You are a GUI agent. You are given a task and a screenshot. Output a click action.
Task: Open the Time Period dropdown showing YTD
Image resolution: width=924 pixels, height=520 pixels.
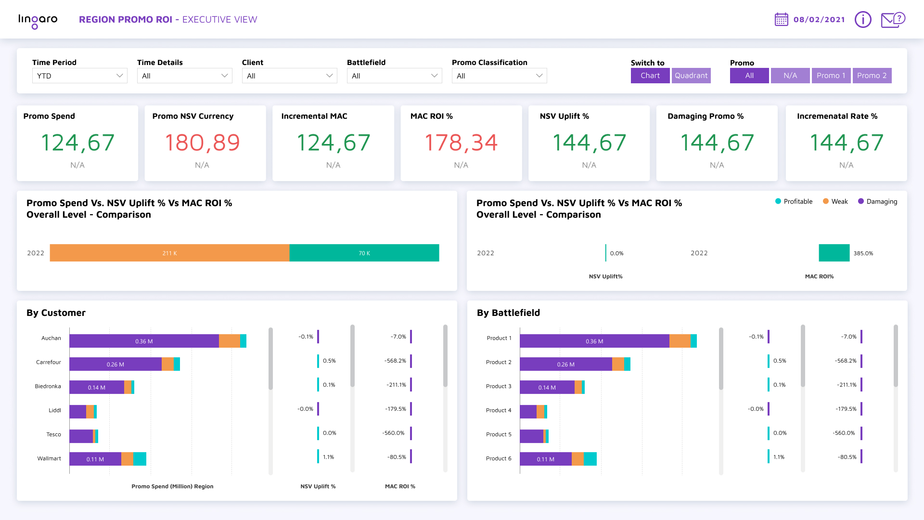[79, 76]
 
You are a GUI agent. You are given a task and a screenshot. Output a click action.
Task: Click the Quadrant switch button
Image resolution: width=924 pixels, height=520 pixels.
[691, 76]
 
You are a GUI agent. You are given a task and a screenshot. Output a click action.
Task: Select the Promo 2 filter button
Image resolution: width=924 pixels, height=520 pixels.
[872, 76]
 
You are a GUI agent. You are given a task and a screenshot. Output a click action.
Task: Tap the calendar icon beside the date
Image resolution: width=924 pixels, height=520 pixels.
[781, 20]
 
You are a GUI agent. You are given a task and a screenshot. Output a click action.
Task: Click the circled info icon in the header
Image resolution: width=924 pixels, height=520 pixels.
[862, 20]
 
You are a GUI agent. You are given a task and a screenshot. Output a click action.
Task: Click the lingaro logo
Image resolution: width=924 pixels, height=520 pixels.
[38, 20]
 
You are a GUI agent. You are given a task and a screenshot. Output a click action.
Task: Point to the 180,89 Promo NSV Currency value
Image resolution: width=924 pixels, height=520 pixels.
[202, 143]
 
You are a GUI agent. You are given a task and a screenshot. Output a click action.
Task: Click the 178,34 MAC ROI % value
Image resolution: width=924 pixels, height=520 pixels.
[461, 143]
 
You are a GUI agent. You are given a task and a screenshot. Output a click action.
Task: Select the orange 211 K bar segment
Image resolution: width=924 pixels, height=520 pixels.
[169, 253]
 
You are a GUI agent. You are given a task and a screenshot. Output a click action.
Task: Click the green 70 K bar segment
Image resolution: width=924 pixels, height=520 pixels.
[364, 253]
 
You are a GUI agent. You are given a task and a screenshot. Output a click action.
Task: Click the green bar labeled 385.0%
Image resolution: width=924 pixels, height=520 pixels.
[834, 253]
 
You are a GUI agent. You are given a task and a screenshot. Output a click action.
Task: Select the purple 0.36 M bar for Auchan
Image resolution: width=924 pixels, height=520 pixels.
[144, 341]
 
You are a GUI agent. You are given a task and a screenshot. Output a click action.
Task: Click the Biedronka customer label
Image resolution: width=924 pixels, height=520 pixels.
[48, 386]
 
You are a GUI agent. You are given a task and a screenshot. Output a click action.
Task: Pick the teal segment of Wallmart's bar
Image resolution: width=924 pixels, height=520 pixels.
[140, 459]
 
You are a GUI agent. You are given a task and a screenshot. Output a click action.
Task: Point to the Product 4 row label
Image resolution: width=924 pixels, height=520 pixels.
[499, 410]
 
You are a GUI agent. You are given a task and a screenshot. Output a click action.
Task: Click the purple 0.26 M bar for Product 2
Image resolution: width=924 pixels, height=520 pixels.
[565, 364]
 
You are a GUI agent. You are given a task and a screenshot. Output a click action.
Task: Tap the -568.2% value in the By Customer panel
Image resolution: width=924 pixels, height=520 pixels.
[395, 361]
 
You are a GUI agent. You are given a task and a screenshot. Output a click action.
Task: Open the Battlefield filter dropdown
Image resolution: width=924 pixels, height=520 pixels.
[394, 76]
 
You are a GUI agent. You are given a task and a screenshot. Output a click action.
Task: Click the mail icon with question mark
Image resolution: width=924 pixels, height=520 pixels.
[893, 20]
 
